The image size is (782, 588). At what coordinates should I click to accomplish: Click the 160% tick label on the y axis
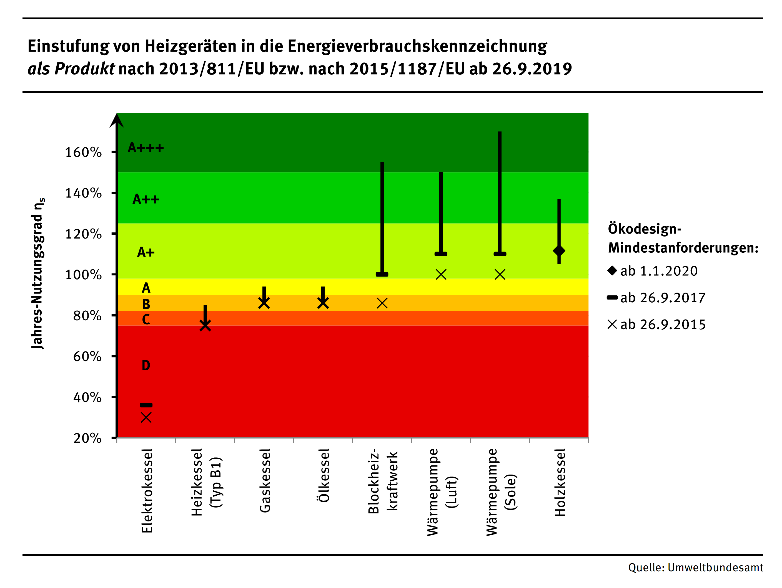[83, 153]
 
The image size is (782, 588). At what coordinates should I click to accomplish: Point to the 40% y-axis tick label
[87, 398]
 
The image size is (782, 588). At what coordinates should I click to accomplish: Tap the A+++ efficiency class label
[146, 148]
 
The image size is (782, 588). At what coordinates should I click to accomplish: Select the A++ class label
[146, 199]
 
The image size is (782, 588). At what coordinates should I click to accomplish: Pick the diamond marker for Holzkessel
[559, 251]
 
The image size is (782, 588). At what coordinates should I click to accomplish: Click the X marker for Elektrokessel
[146, 418]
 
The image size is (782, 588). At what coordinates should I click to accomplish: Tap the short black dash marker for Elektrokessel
[146, 405]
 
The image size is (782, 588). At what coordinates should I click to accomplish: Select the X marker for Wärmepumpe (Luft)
[441, 274]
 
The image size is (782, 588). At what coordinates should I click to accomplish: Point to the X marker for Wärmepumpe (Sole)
[500, 274]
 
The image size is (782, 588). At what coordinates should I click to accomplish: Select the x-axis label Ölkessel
[324, 475]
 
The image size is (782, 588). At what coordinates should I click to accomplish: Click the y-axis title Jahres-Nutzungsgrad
[38, 274]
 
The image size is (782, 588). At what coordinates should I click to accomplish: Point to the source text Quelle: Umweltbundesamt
[695, 568]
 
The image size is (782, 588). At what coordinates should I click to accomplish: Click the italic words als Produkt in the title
[71, 69]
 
